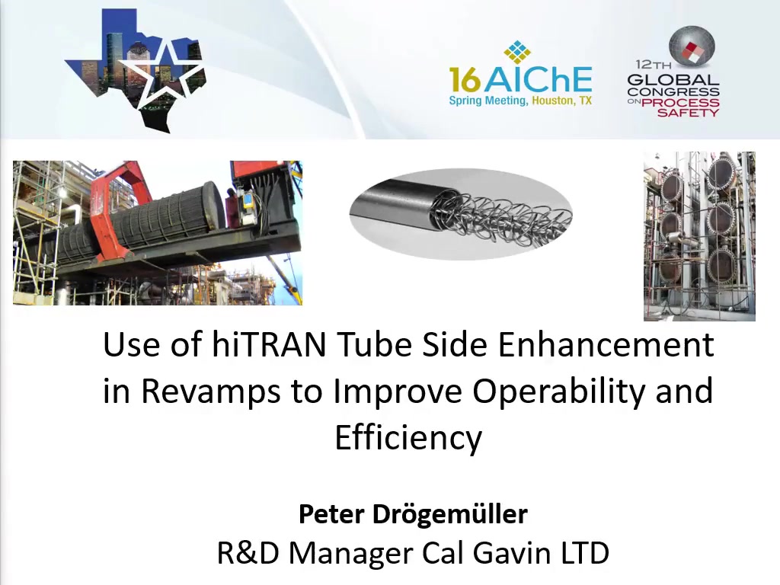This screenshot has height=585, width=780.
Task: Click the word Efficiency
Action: tap(408, 438)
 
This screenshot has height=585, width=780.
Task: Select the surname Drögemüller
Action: tap(450, 514)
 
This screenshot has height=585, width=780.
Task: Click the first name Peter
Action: tap(332, 514)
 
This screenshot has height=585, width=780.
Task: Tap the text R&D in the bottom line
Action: tap(248, 553)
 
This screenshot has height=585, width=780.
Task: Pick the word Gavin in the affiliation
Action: tap(511, 553)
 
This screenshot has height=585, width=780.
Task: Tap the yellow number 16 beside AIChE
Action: tap(465, 80)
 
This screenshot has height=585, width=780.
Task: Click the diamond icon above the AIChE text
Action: tap(517, 53)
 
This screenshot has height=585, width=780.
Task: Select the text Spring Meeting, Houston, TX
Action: tap(520, 101)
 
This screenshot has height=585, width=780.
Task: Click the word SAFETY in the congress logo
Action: tap(688, 113)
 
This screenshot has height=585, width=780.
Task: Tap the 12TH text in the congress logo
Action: tap(653, 64)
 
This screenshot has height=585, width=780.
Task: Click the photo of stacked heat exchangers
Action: tap(699, 236)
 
